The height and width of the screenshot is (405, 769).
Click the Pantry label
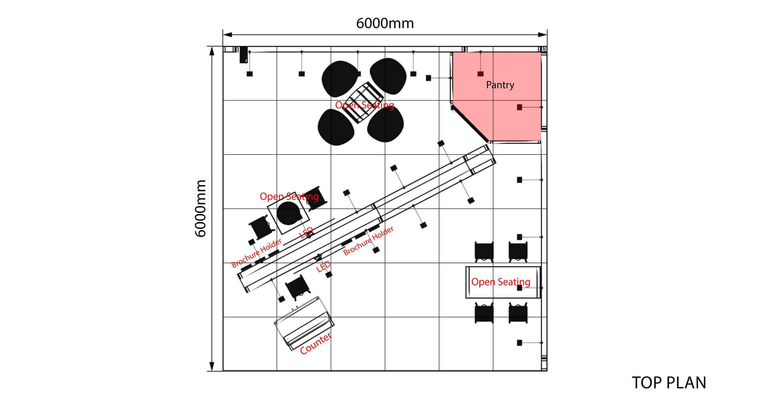click(500, 85)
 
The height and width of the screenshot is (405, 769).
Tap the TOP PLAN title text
click(669, 383)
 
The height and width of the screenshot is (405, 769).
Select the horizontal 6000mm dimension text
click(384, 24)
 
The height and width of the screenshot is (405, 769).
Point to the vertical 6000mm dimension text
click(200, 208)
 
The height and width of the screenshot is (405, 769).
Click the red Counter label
click(316, 343)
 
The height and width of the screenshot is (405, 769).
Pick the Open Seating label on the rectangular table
click(501, 282)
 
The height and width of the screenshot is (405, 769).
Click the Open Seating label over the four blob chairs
click(364, 105)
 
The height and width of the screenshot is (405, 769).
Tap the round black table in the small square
click(288, 213)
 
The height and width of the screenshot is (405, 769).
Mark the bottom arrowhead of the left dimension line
click(212, 367)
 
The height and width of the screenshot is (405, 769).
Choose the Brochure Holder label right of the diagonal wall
click(368, 241)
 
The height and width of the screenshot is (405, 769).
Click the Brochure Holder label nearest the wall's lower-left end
click(256, 253)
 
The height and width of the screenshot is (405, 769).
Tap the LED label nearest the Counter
click(324, 267)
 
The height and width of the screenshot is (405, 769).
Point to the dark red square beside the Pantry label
click(480, 74)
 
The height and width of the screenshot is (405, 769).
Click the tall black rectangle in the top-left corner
click(243, 55)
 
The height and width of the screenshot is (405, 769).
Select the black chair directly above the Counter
click(296, 288)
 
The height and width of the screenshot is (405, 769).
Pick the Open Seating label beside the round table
click(289, 196)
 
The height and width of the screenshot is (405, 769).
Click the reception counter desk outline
click(304, 323)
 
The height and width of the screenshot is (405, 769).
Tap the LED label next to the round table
click(306, 232)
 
